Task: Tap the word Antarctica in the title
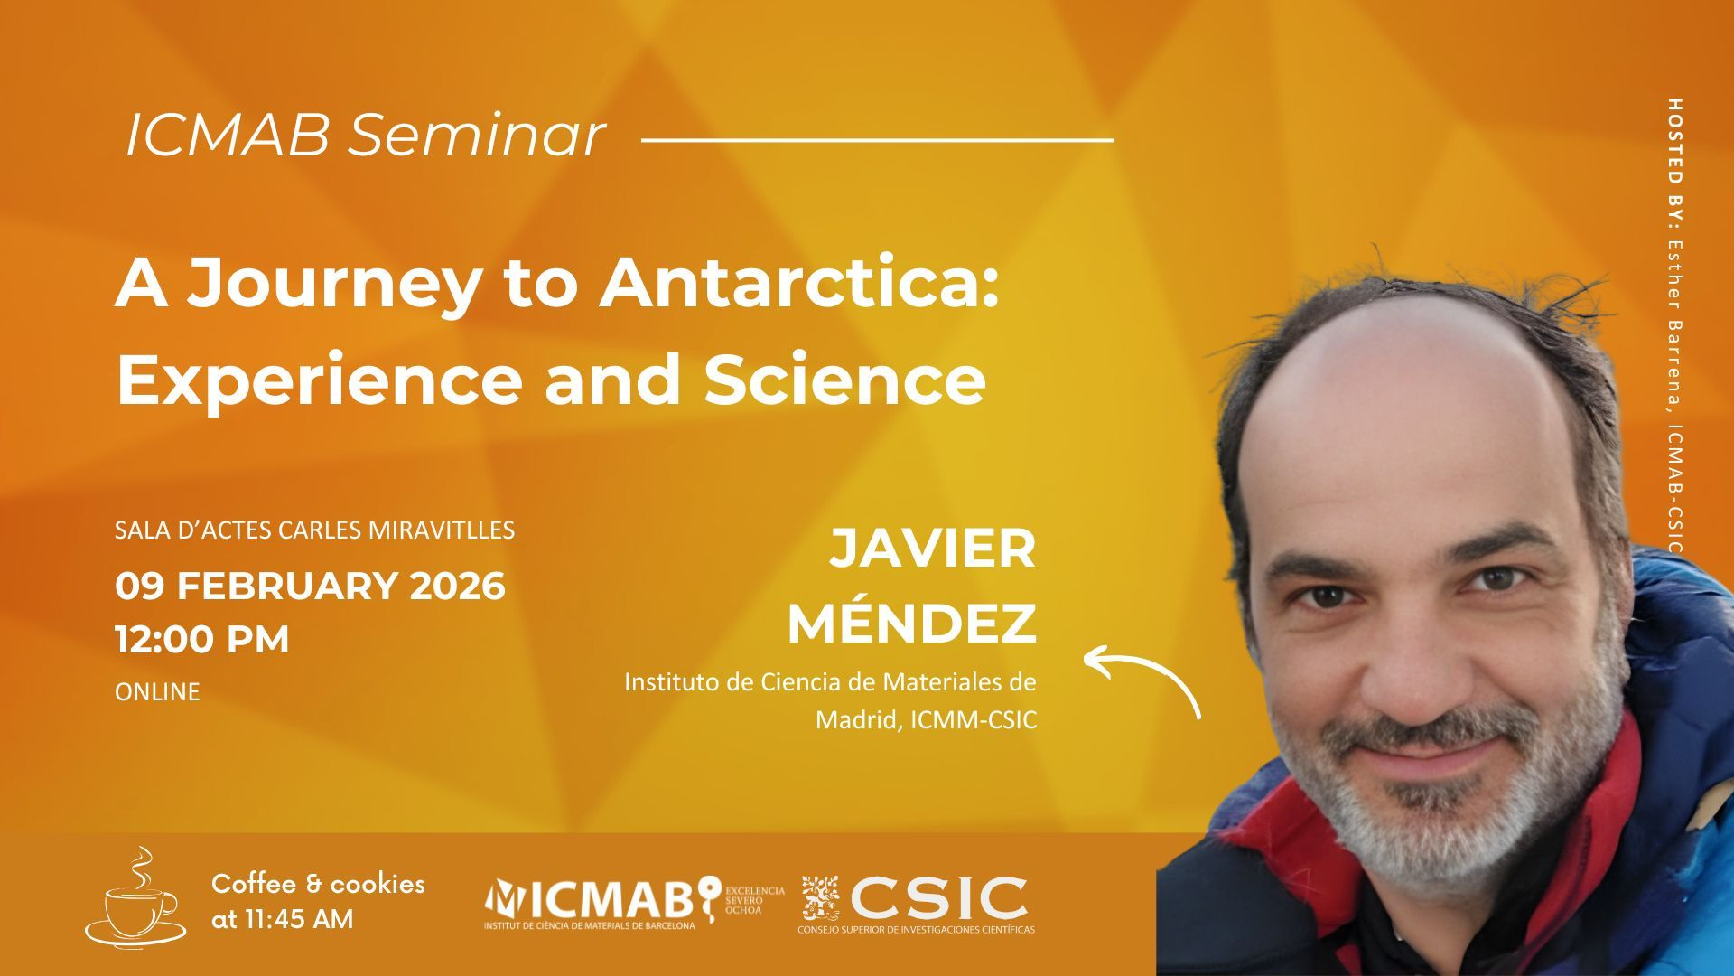tap(799, 282)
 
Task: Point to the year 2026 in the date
tap(457, 586)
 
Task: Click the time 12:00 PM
tap(202, 639)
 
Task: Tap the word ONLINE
tap(157, 692)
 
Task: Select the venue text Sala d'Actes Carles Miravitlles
tap(314, 530)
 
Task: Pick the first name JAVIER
tap(933, 549)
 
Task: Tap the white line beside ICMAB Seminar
tap(877, 140)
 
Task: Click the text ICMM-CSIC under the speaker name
tap(974, 720)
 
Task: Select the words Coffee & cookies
tap(318, 883)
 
